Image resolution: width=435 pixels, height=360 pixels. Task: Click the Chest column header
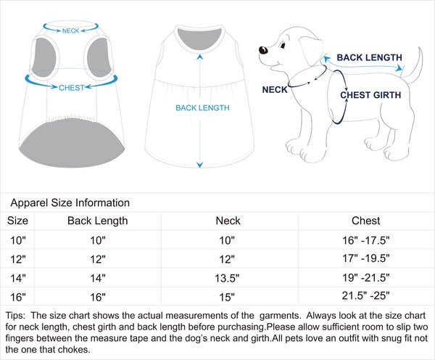tap(365, 221)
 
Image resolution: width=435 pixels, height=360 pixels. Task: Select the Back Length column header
tap(98, 221)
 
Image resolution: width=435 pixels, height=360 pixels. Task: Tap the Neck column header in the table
tap(227, 221)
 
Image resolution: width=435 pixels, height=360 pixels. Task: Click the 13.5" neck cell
tap(227, 278)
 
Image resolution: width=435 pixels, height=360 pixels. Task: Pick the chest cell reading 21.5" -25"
tap(365, 297)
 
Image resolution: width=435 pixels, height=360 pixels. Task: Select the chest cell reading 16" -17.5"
tap(365, 240)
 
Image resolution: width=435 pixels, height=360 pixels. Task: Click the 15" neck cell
tap(227, 297)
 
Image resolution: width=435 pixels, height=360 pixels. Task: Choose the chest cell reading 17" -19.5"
tap(365, 259)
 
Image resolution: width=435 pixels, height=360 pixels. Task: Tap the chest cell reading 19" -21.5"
tap(365, 278)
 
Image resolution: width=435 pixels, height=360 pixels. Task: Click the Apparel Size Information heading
tap(70, 203)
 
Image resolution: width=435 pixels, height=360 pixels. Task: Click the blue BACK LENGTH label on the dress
tap(202, 108)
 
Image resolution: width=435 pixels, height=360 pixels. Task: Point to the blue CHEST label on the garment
tap(71, 87)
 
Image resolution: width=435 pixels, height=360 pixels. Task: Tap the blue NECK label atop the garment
tap(71, 31)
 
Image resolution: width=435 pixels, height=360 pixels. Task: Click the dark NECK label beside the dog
tap(274, 90)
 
